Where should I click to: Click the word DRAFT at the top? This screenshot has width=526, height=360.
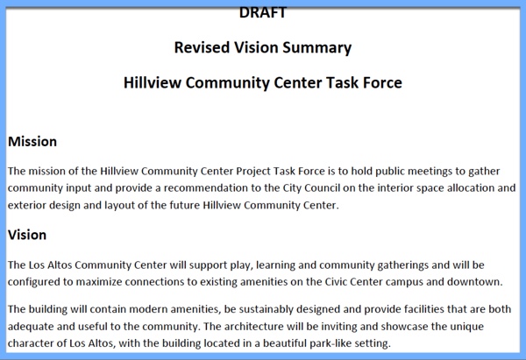[x=263, y=13]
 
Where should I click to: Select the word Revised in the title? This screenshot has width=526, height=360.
[x=202, y=47]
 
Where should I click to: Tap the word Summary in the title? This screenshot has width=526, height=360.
[x=317, y=48]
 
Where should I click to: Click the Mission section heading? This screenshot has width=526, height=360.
[x=32, y=141]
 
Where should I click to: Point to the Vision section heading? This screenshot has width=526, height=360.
[x=27, y=235]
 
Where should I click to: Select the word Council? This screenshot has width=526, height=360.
[x=323, y=187]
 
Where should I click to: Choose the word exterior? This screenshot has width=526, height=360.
[x=27, y=205]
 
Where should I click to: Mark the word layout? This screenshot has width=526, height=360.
[x=119, y=206]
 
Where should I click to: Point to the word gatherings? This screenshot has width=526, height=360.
[x=403, y=265]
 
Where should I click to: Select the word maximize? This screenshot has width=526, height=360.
[x=99, y=282]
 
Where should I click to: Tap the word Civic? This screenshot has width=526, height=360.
[x=336, y=282]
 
